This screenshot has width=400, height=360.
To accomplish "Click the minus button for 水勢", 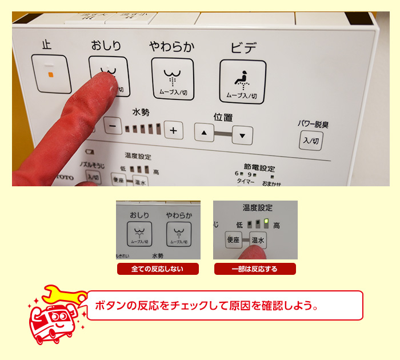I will coord(113,126).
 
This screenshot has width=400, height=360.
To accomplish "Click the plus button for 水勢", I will coord(173,130).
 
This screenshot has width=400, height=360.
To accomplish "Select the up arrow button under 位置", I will coord(204,133).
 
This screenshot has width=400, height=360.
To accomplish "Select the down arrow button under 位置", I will coord(242,135).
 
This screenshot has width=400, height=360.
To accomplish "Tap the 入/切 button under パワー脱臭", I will coord(311,141).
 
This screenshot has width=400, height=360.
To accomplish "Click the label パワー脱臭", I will coord(313,124).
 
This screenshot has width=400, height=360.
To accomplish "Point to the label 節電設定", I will coord(259,167).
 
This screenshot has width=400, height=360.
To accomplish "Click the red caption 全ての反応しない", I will coord(158,269).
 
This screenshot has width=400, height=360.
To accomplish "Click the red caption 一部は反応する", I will coord(255,269).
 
